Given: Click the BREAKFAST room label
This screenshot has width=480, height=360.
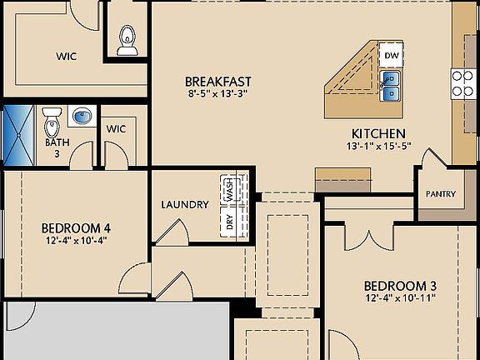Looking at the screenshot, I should pos(217,81).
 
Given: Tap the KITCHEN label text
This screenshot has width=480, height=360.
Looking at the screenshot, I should pos(377,133).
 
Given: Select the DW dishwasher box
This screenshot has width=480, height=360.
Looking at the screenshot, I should pos(392,56).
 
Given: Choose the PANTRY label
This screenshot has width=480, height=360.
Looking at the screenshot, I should pos(440,194).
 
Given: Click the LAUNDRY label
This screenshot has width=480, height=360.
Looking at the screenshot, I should pos(185,204).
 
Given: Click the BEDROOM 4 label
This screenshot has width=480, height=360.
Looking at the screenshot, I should pos(77,227).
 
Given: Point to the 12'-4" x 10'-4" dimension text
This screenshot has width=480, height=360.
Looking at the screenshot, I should pos(77,240).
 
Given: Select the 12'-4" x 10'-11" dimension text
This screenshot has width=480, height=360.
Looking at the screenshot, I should pos(401,297).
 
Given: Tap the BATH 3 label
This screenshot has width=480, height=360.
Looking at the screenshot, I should pos(52,147).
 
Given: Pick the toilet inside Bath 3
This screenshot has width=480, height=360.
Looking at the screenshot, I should pos(52,117).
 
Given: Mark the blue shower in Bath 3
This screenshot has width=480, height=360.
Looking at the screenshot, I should pos(16,132).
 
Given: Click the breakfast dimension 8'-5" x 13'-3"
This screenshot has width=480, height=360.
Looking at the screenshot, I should pos(217,93).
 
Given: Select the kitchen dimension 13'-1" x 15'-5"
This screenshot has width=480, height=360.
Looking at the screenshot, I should pos(377,147).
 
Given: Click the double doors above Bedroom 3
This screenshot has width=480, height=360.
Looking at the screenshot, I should pos(368,236).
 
